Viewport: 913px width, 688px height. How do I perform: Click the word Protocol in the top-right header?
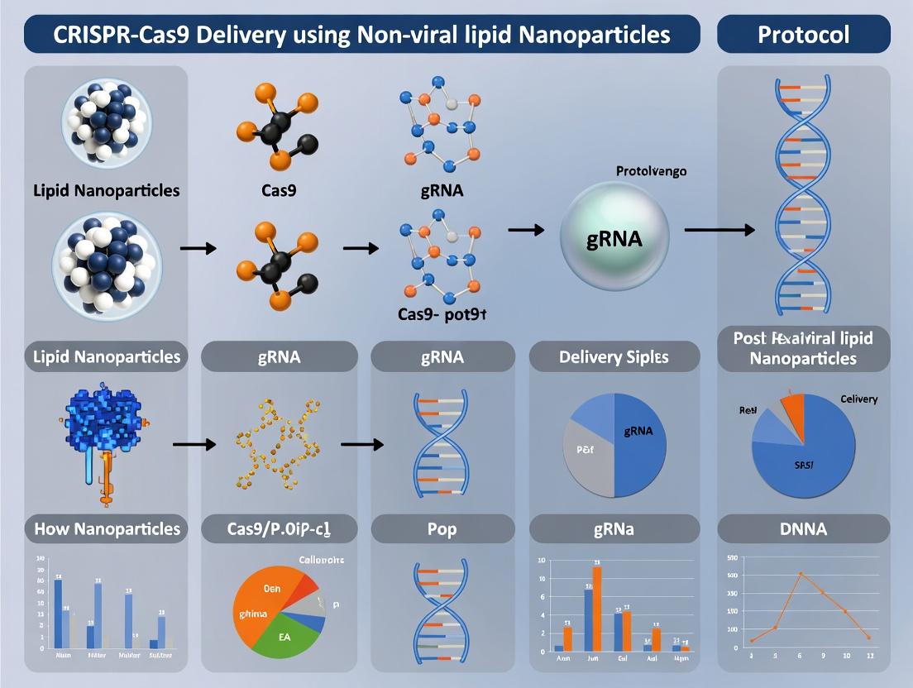coord(803,35)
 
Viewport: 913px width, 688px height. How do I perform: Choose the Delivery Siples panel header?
coord(614,357)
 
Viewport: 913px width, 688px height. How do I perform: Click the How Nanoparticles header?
coord(107,528)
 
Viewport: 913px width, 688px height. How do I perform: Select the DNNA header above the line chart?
coord(803,528)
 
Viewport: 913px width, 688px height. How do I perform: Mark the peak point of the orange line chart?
coord(801,573)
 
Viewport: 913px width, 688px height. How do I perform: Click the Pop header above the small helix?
coord(442,528)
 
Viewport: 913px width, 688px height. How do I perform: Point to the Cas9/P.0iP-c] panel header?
coord(280,528)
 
